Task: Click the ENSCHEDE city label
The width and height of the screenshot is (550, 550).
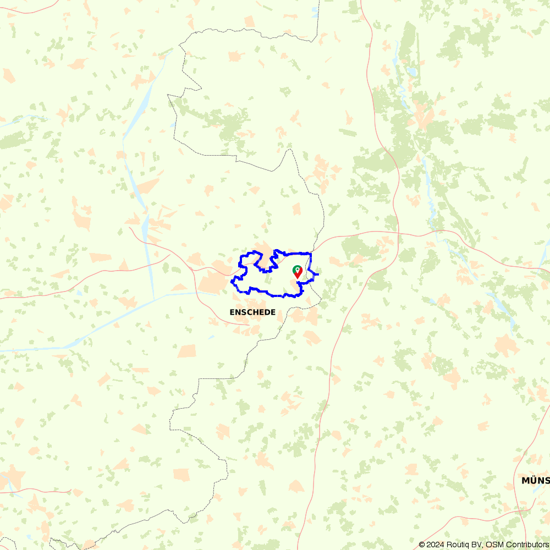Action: coord(252,312)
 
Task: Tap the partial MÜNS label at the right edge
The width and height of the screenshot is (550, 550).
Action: coord(535,481)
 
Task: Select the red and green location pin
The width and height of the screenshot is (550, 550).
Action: coord(297,272)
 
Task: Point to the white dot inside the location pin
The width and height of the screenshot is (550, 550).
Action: coord(297,269)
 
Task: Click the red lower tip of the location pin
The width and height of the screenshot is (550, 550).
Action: coord(297,277)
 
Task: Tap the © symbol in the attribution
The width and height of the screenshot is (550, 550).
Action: coord(422,544)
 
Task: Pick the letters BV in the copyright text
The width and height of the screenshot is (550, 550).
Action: coord(477,544)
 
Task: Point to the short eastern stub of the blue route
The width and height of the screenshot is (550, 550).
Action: coord(315,273)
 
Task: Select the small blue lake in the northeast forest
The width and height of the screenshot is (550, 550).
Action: coord(411,71)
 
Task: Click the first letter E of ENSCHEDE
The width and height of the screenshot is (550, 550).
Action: coord(232,312)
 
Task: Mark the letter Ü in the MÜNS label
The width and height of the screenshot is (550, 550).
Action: coord(532,480)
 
